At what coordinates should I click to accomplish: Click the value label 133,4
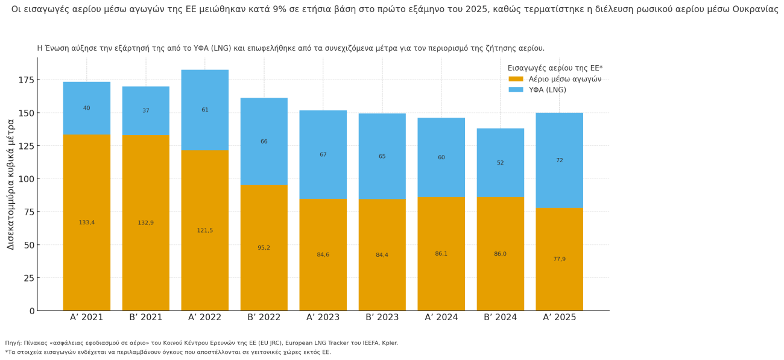[x=86, y=223]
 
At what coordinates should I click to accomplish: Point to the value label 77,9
[x=559, y=259]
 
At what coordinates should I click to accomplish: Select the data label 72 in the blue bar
[x=559, y=160]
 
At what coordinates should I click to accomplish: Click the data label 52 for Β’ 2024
[x=500, y=163]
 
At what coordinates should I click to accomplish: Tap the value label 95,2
[x=264, y=248]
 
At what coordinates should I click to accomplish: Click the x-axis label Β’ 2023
[x=382, y=318]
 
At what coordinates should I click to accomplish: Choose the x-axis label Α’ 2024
[x=441, y=318]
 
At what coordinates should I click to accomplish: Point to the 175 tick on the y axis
[x=27, y=80]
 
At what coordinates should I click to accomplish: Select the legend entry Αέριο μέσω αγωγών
[x=564, y=79]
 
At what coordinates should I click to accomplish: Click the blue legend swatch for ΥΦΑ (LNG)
[x=516, y=90]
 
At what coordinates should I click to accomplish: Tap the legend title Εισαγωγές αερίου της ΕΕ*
[x=555, y=68]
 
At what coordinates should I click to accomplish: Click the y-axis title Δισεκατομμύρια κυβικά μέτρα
[x=11, y=184]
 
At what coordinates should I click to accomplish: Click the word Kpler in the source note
[x=390, y=343]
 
